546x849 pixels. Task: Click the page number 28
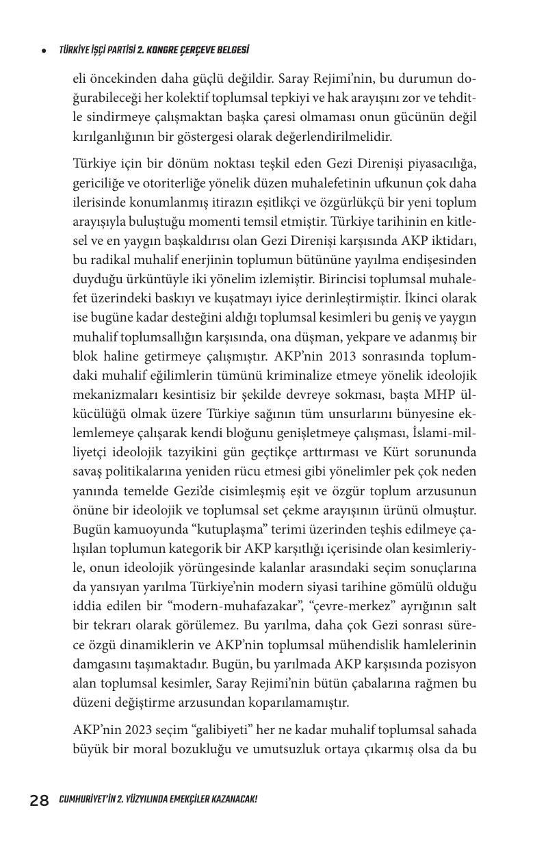(x=39, y=800)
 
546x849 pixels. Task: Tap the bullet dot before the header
(x=44, y=51)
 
